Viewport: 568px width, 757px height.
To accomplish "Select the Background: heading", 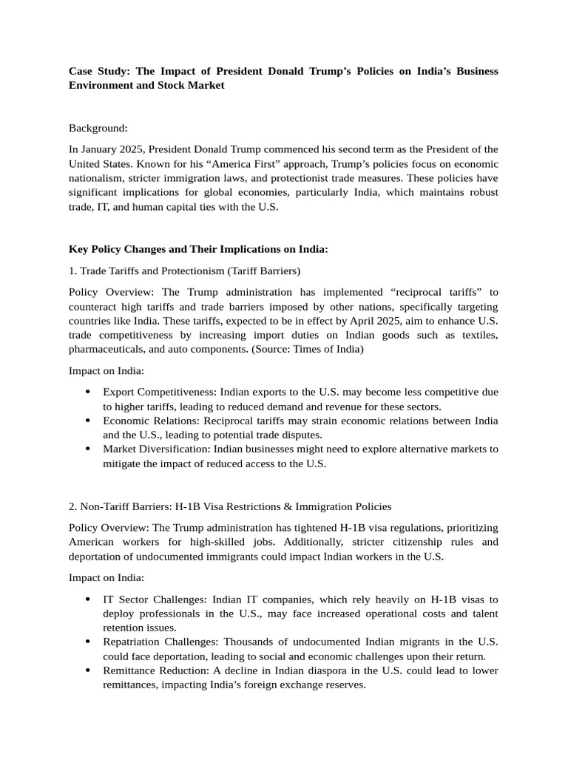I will click(98, 128).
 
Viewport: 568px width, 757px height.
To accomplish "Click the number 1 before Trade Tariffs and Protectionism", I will click(72, 271).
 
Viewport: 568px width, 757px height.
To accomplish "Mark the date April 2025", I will click(363, 320).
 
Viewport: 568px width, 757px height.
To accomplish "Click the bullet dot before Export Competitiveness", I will click(88, 393).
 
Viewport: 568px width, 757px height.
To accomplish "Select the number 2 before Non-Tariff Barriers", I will click(72, 506).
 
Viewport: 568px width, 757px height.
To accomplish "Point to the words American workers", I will click(108, 542).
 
